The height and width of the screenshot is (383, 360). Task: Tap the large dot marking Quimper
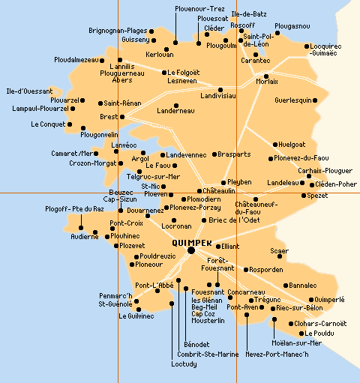coord(191,251)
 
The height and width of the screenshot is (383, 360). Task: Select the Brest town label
coord(108,116)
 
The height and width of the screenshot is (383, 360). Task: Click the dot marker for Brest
coord(122,116)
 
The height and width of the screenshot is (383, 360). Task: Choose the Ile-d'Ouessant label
coord(24,91)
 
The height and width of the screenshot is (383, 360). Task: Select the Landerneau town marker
coord(175,105)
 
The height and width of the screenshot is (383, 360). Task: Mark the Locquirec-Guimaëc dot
coord(307,46)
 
